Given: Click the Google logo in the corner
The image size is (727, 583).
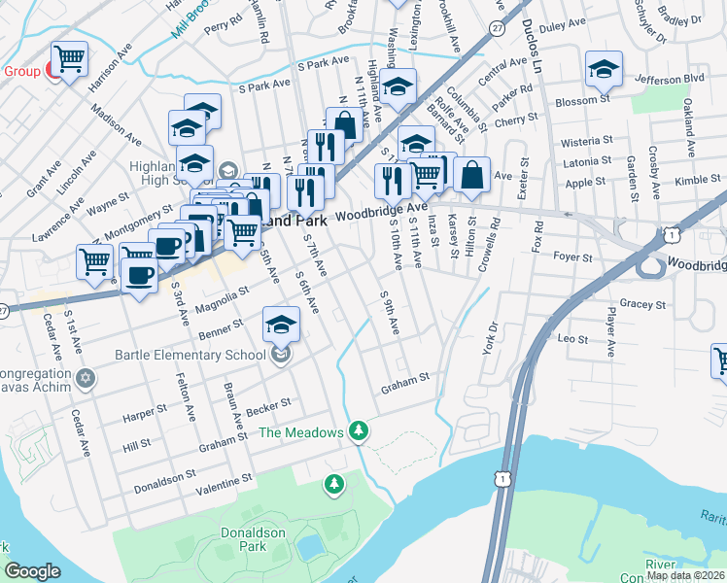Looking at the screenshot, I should [32, 571].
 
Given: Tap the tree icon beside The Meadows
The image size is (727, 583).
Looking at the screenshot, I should [360, 429].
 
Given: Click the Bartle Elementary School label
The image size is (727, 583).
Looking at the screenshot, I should [190, 354].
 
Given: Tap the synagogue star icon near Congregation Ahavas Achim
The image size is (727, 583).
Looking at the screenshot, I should [87, 377].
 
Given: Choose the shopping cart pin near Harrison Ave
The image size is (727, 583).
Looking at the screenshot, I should [70, 60].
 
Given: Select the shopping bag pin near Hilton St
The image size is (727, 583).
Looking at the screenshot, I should [471, 176].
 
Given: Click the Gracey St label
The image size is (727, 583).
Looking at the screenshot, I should [641, 304].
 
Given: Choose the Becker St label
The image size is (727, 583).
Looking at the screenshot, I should [269, 404].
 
